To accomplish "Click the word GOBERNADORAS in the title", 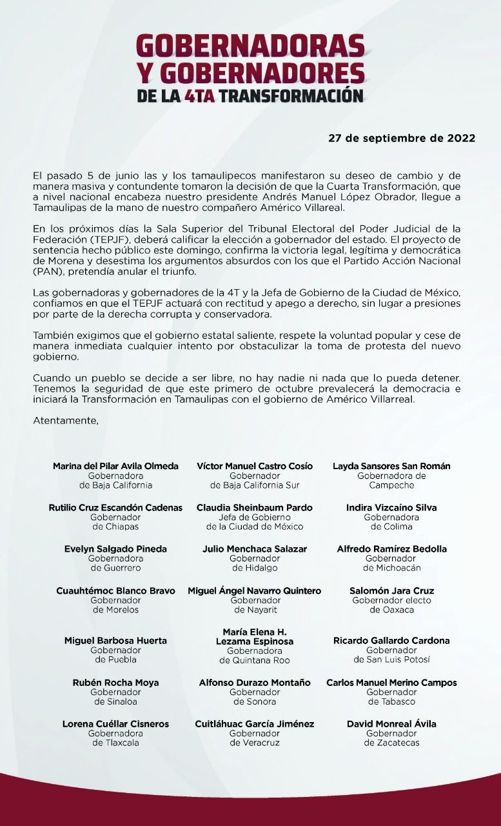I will (x=250, y=46).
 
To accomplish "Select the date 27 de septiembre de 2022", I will (x=402, y=138).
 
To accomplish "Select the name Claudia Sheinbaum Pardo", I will (x=254, y=508).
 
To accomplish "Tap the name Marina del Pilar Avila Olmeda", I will (x=116, y=466).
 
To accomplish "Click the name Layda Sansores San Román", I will (x=391, y=466).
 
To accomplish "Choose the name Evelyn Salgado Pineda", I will (x=116, y=549).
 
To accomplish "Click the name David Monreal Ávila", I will (x=391, y=724).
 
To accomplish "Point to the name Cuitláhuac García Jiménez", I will (x=254, y=724).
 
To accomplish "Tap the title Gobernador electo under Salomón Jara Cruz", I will (x=391, y=600).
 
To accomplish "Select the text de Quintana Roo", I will (x=254, y=660).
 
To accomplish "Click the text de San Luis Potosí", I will (x=391, y=660).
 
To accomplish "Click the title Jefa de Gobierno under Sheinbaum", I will (x=254, y=518).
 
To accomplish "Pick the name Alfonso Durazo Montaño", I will (x=254, y=683).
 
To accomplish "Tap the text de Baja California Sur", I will (x=254, y=485).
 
